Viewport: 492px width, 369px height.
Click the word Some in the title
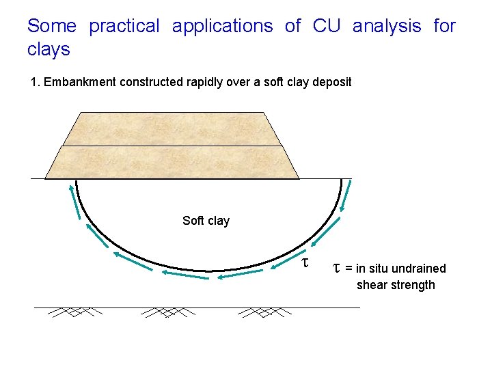pyautogui.click(x=51, y=27)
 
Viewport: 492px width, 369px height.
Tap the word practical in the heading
pyautogui.click(x=124, y=27)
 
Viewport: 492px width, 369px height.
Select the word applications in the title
pyautogui.click(x=222, y=27)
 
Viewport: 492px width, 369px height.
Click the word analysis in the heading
pyautogui.click(x=387, y=27)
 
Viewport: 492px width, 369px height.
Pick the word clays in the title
pyautogui.click(x=49, y=50)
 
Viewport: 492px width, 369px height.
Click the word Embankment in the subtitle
pyautogui.click(x=82, y=82)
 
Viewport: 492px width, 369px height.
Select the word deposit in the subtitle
pyautogui.click(x=331, y=82)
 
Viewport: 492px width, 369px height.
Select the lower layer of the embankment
pyautogui.click(x=172, y=163)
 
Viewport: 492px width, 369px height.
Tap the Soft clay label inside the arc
pyautogui.click(x=206, y=221)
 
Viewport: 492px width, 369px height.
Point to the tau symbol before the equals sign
pyautogui.click(x=337, y=267)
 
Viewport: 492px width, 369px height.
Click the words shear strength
pyautogui.click(x=395, y=285)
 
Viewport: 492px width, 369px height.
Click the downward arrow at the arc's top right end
pyautogui.click(x=346, y=196)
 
